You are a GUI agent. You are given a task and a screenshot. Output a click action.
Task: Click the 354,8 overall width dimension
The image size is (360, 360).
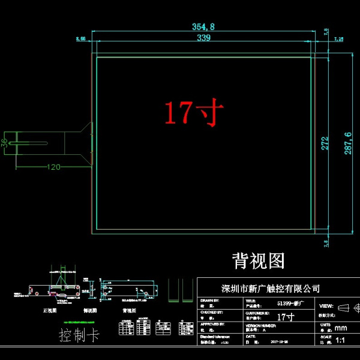(203, 26)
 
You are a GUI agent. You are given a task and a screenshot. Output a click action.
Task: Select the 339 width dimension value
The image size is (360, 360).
(203, 38)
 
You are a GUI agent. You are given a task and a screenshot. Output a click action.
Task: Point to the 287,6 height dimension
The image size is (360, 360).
(347, 142)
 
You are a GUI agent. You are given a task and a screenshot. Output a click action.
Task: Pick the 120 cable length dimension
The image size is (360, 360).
(53, 167)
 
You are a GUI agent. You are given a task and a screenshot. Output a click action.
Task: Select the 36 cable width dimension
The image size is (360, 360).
(5, 143)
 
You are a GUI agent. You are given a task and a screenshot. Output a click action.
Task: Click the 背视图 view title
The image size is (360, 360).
(258, 260)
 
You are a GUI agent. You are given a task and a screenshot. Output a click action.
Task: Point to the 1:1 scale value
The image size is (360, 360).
(341, 341)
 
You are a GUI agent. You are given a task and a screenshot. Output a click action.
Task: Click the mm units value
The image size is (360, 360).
(340, 328)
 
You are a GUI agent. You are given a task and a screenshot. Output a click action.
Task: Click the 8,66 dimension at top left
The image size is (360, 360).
(80, 38)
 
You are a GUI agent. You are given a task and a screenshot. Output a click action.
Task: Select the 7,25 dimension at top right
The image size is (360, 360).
(338, 39)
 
